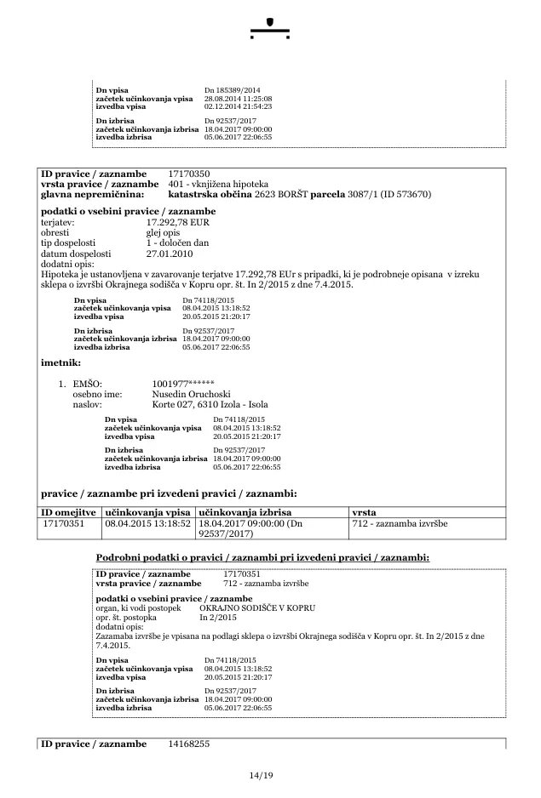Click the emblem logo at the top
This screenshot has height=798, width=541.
(x=270, y=27)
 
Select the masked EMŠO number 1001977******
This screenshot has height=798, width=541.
(x=183, y=384)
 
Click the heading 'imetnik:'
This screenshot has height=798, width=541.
(x=60, y=362)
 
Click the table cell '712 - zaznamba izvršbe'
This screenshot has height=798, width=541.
(x=400, y=523)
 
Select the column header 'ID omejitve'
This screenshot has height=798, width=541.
(x=70, y=512)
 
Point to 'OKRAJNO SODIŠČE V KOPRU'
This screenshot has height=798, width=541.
(x=258, y=609)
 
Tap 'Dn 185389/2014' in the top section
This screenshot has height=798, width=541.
(x=233, y=89)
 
